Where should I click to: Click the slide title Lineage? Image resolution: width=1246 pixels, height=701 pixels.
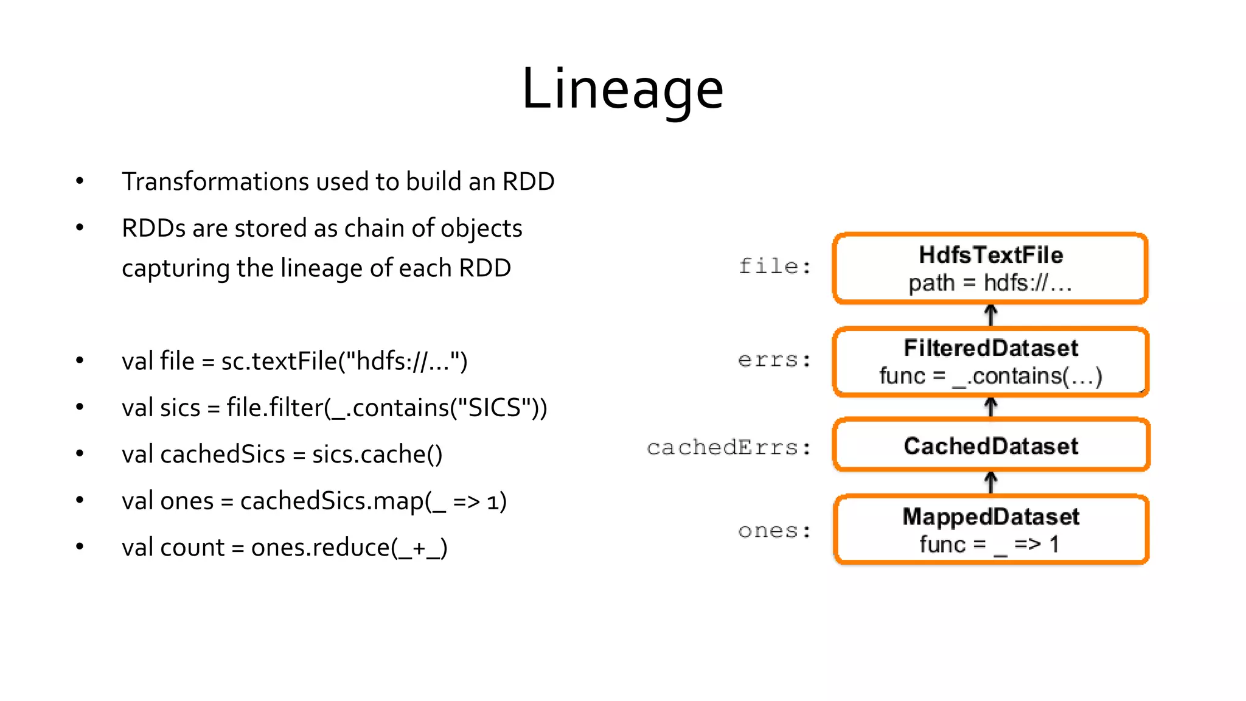pos(622,89)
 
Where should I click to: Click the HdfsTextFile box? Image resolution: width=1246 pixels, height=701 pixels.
pos(990,268)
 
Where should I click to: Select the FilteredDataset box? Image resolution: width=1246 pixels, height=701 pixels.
pos(990,361)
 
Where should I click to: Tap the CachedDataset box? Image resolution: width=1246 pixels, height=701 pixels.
pos(990,445)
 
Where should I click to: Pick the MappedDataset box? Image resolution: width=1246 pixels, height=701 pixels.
pos(990,529)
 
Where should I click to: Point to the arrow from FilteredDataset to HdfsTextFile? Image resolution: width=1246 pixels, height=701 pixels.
pos(990,315)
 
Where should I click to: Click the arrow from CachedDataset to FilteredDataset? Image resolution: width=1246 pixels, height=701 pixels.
pos(990,407)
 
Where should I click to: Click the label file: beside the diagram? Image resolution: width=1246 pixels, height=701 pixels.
pos(774,267)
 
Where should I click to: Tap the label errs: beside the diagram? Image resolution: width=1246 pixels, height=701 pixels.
pos(774,360)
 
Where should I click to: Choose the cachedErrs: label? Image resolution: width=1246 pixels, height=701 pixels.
pos(729,448)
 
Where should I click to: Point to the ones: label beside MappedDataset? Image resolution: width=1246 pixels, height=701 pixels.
pos(774,531)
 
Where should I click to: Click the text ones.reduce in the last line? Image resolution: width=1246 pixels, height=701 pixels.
pos(320,548)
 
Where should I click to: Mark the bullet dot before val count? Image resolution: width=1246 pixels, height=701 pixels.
pos(80,546)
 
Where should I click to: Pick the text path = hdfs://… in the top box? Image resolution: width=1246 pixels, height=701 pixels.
pos(990,283)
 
